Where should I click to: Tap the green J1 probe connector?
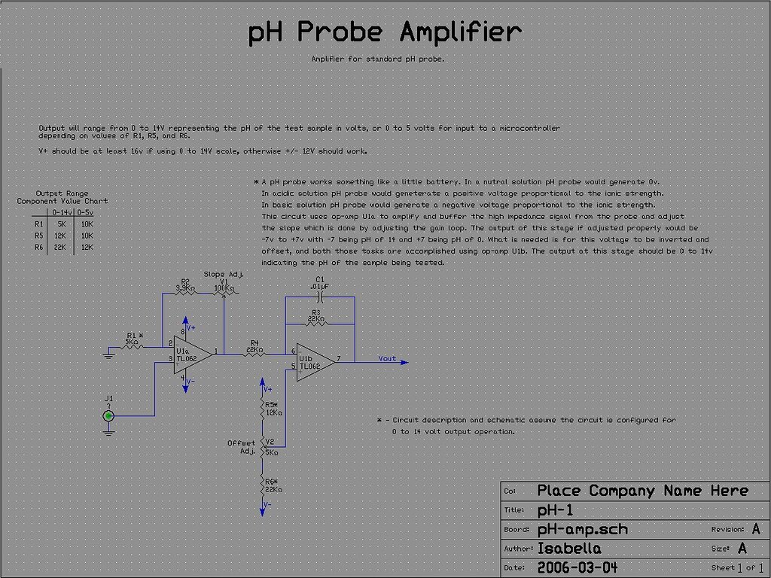click(x=109, y=415)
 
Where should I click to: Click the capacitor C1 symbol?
click(x=320, y=297)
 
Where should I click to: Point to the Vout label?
click(x=387, y=359)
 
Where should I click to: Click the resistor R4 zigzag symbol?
click(x=254, y=351)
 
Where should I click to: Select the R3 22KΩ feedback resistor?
click(x=315, y=323)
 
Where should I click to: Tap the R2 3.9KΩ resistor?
click(x=185, y=293)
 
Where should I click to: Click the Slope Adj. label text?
click(x=223, y=275)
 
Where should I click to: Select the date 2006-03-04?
click(x=577, y=567)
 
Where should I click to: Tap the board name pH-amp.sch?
click(x=582, y=529)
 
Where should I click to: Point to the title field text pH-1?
click(x=556, y=510)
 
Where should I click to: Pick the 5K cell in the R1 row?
click(x=61, y=224)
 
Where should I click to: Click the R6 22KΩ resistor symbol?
click(x=262, y=488)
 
